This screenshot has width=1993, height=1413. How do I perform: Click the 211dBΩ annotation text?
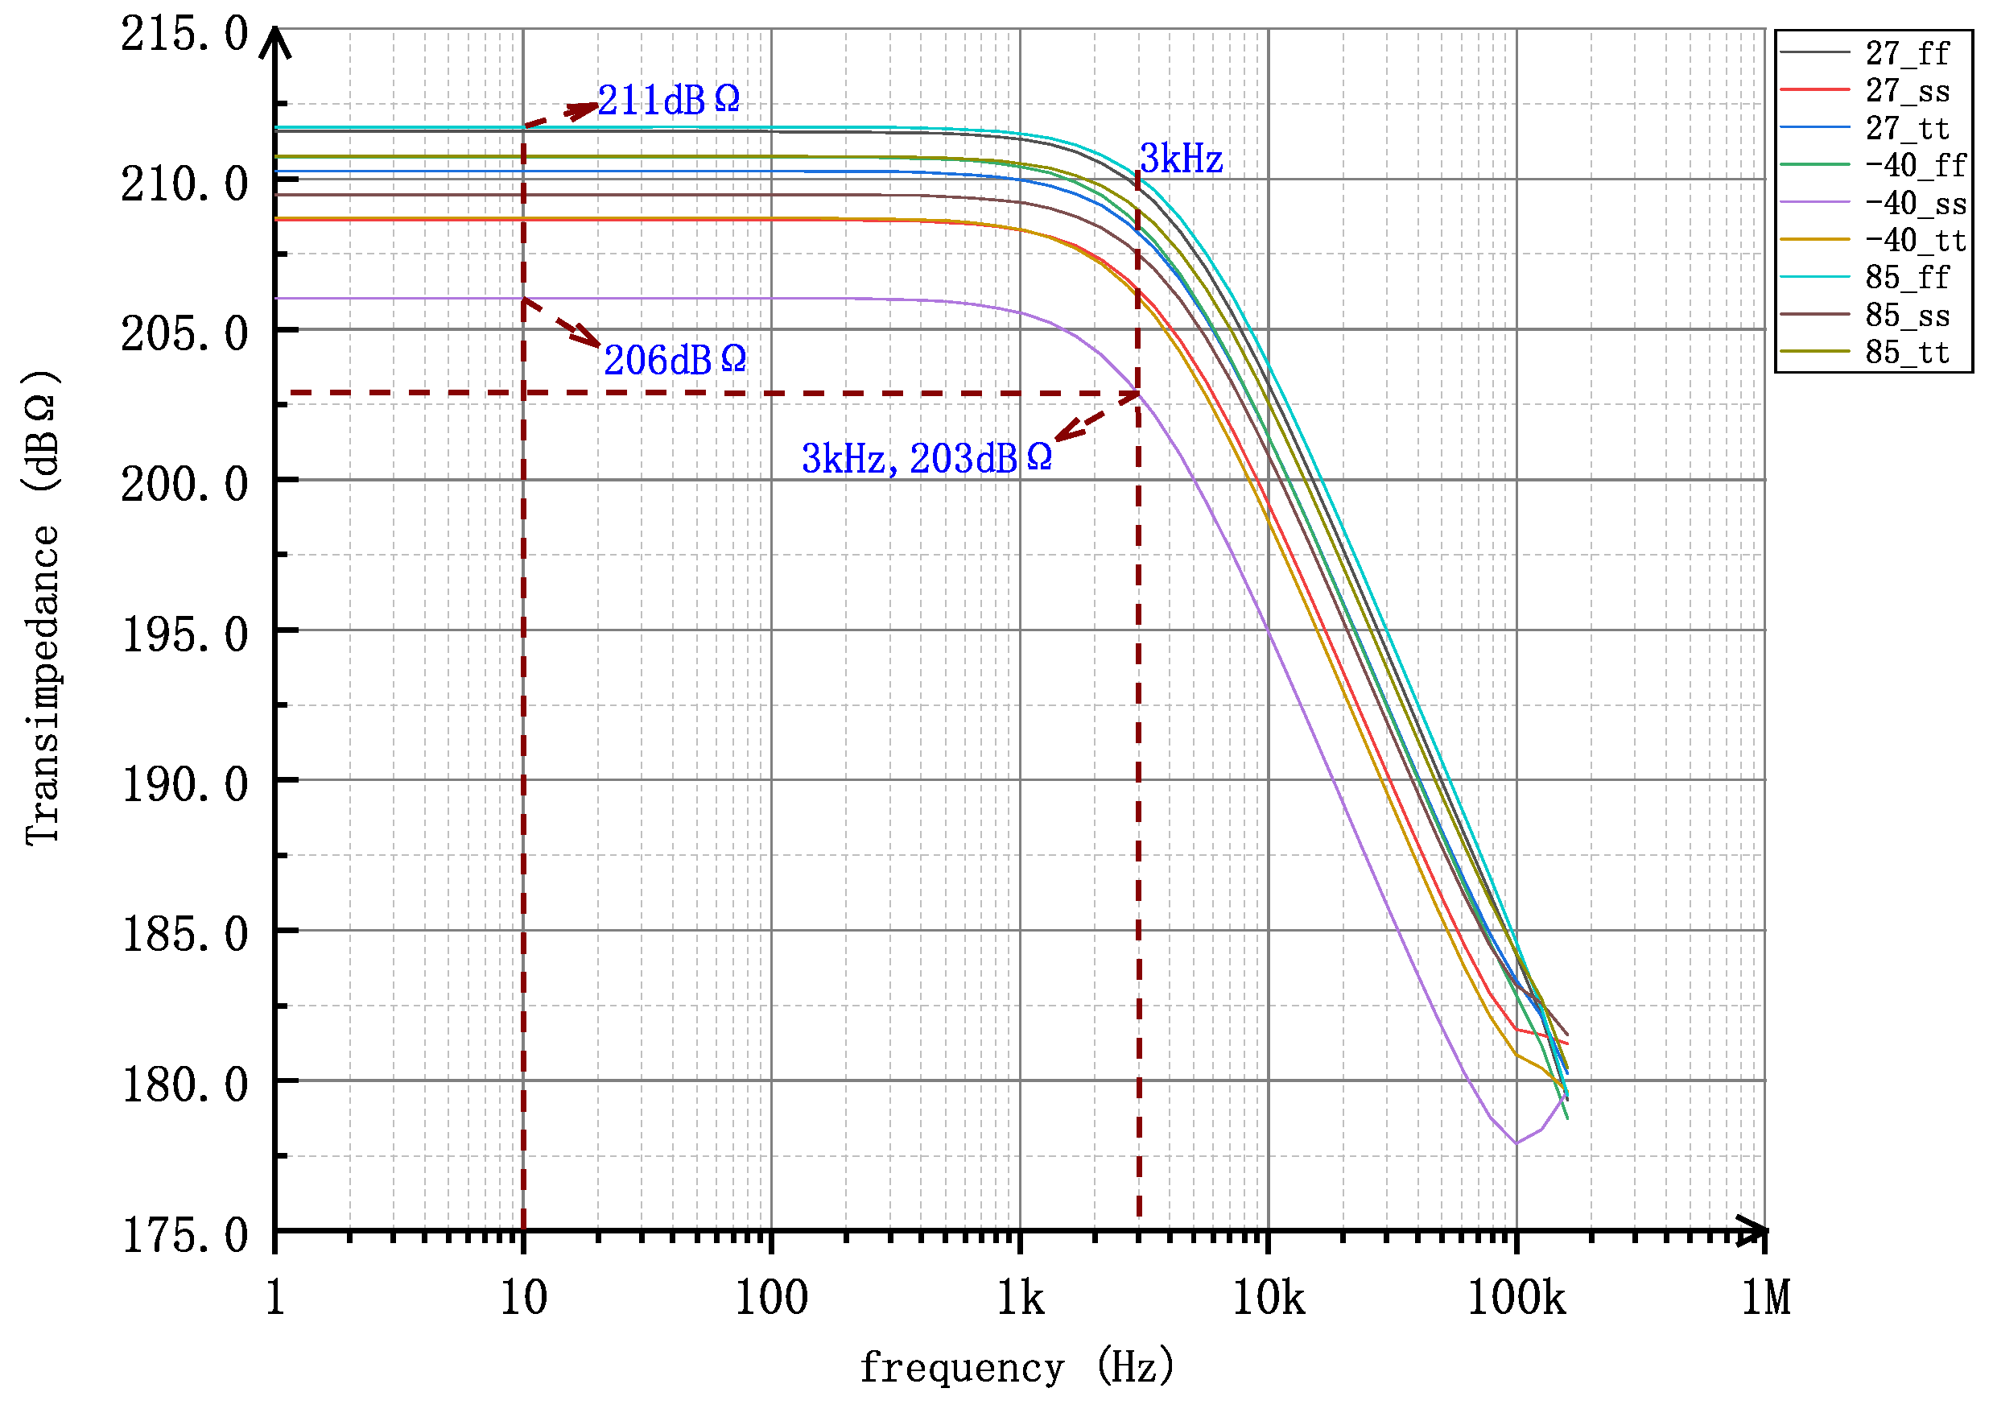[x=668, y=101]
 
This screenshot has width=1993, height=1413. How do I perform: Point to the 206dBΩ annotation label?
[x=675, y=361]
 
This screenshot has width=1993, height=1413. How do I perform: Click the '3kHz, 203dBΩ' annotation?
[x=926, y=460]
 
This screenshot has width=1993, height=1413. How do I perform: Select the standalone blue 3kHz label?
[x=1181, y=159]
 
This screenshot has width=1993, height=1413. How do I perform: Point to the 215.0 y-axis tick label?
[x=184, y=35]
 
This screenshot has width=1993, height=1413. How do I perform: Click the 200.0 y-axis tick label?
[x=184, y=485]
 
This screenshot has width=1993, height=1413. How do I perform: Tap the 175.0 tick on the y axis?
[x=184, y=1237]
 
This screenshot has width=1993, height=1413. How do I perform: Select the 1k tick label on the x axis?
[x=1020, y=1299]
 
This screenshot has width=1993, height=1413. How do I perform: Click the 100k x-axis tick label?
[x=1516, y=1299]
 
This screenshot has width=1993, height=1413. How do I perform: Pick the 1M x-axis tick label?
[x=1765, y=1299]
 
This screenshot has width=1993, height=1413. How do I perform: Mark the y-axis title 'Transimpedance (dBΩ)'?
[x=42, y=607]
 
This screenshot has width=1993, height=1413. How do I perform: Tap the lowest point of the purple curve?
[x=1516, y=1143]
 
